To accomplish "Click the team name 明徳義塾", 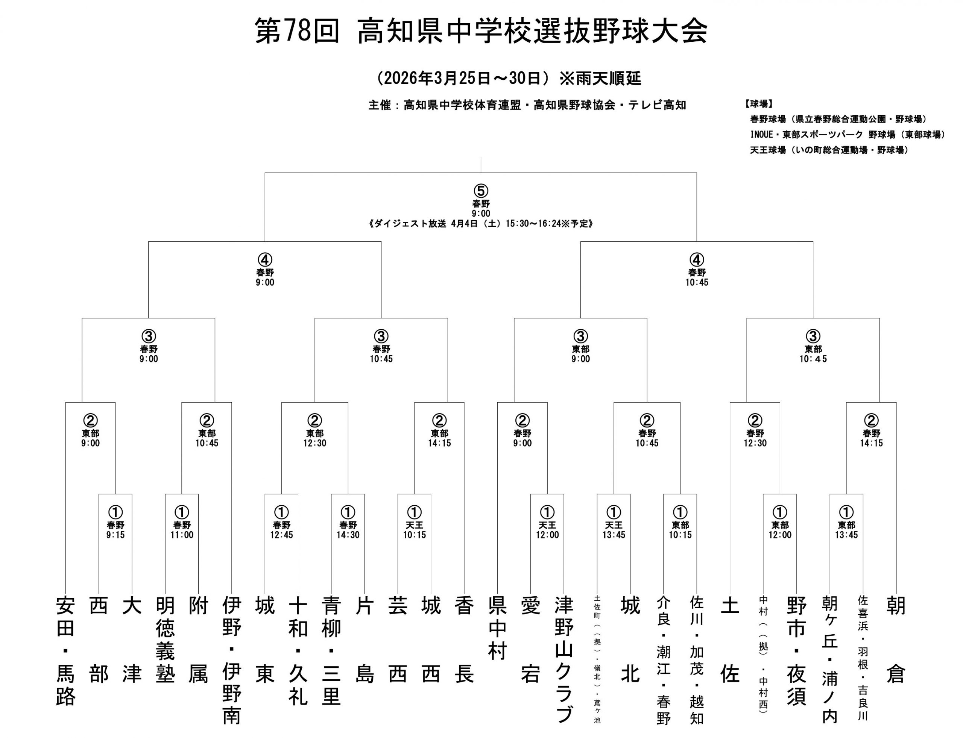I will [165, 639].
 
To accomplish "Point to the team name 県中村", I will [498, 628].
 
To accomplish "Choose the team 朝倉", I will [896, 639].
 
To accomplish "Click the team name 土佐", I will [730, 639].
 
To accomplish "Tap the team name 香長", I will [464, 639].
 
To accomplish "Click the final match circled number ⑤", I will [481, 191].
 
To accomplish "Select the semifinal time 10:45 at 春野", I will [697, 282].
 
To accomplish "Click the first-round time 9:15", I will [115, 535].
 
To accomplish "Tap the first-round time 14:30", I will [348, 535].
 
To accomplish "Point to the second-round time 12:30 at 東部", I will [315, 443].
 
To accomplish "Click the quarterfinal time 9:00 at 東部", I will [580, 359].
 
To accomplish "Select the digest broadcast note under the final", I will [481, 224].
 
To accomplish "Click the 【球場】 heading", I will [759, 104].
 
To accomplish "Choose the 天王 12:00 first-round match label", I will [547, 530].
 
